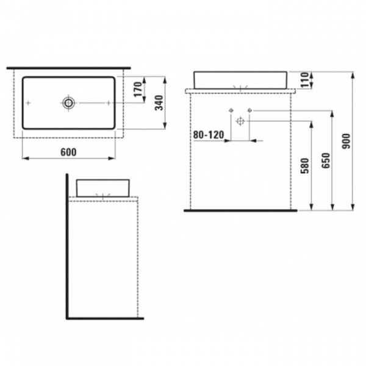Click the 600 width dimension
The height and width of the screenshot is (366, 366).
[68, 152]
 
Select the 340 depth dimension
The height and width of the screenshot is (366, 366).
[159, 102]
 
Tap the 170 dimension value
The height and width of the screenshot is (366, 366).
[138, 90]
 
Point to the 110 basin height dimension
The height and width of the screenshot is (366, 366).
[305, 79]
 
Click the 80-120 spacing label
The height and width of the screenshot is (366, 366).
[208, 133]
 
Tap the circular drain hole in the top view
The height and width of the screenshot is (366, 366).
[68, 102]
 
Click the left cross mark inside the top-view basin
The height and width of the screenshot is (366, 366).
[35, 102]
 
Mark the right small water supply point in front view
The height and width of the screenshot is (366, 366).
[250, 110]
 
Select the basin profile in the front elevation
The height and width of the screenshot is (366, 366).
[241, 79]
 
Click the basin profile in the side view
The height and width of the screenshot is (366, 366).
[104, 187]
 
